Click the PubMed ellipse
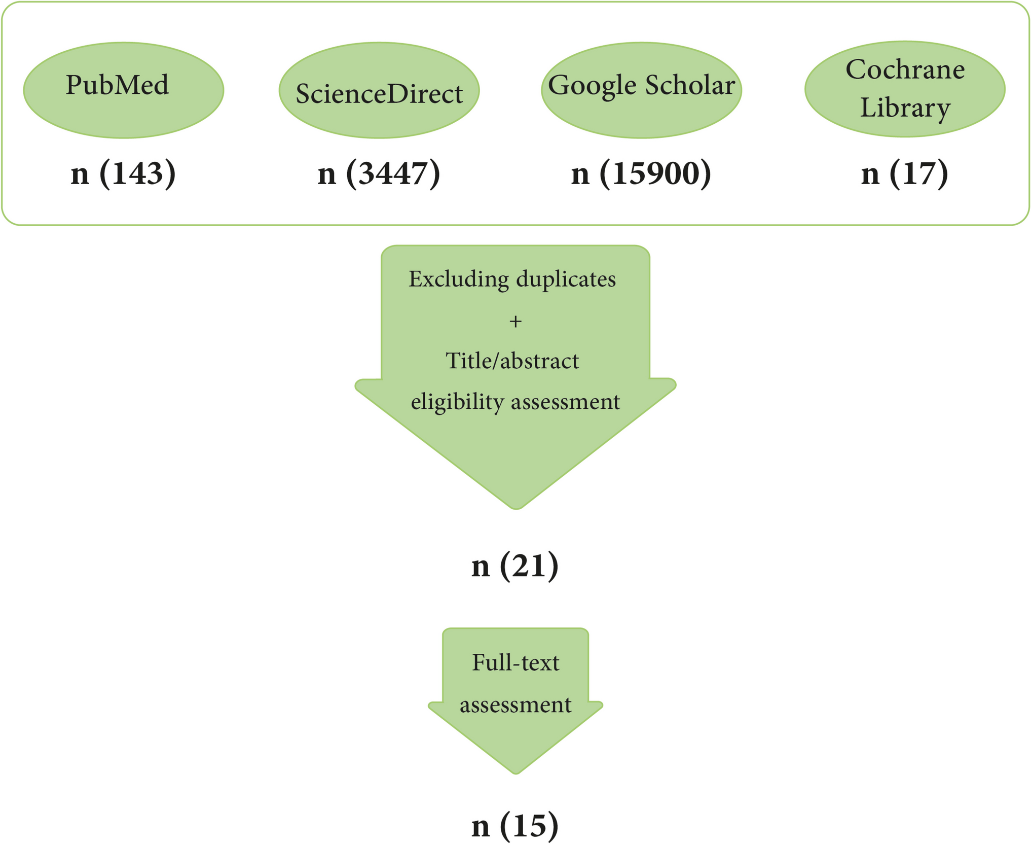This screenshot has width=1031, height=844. pos(123,90)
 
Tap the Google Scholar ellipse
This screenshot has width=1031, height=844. pos(641,90)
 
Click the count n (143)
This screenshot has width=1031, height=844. pos(123,173)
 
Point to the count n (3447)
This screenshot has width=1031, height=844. pos(379,173)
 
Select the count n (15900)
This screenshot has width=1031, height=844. pos(641,173)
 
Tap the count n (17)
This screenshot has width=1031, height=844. pos(904,173)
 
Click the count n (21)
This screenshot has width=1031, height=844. pos(514,566)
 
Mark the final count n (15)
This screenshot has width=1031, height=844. pos(514,826)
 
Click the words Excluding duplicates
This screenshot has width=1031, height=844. pos(512,279)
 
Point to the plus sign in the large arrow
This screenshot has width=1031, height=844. pos(515,322)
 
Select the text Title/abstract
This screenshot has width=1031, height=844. pos(512,361)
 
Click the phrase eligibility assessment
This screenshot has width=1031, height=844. pos(515,402)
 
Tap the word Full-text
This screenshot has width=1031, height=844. pos(515,663)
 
